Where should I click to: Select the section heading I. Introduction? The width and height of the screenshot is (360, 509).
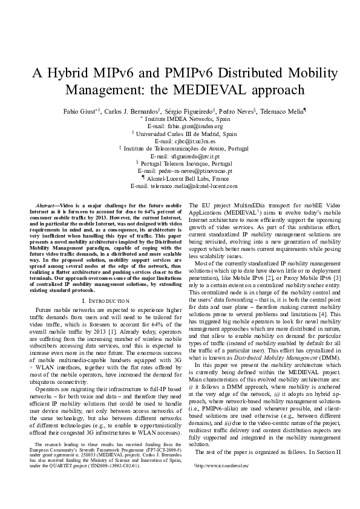105,300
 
